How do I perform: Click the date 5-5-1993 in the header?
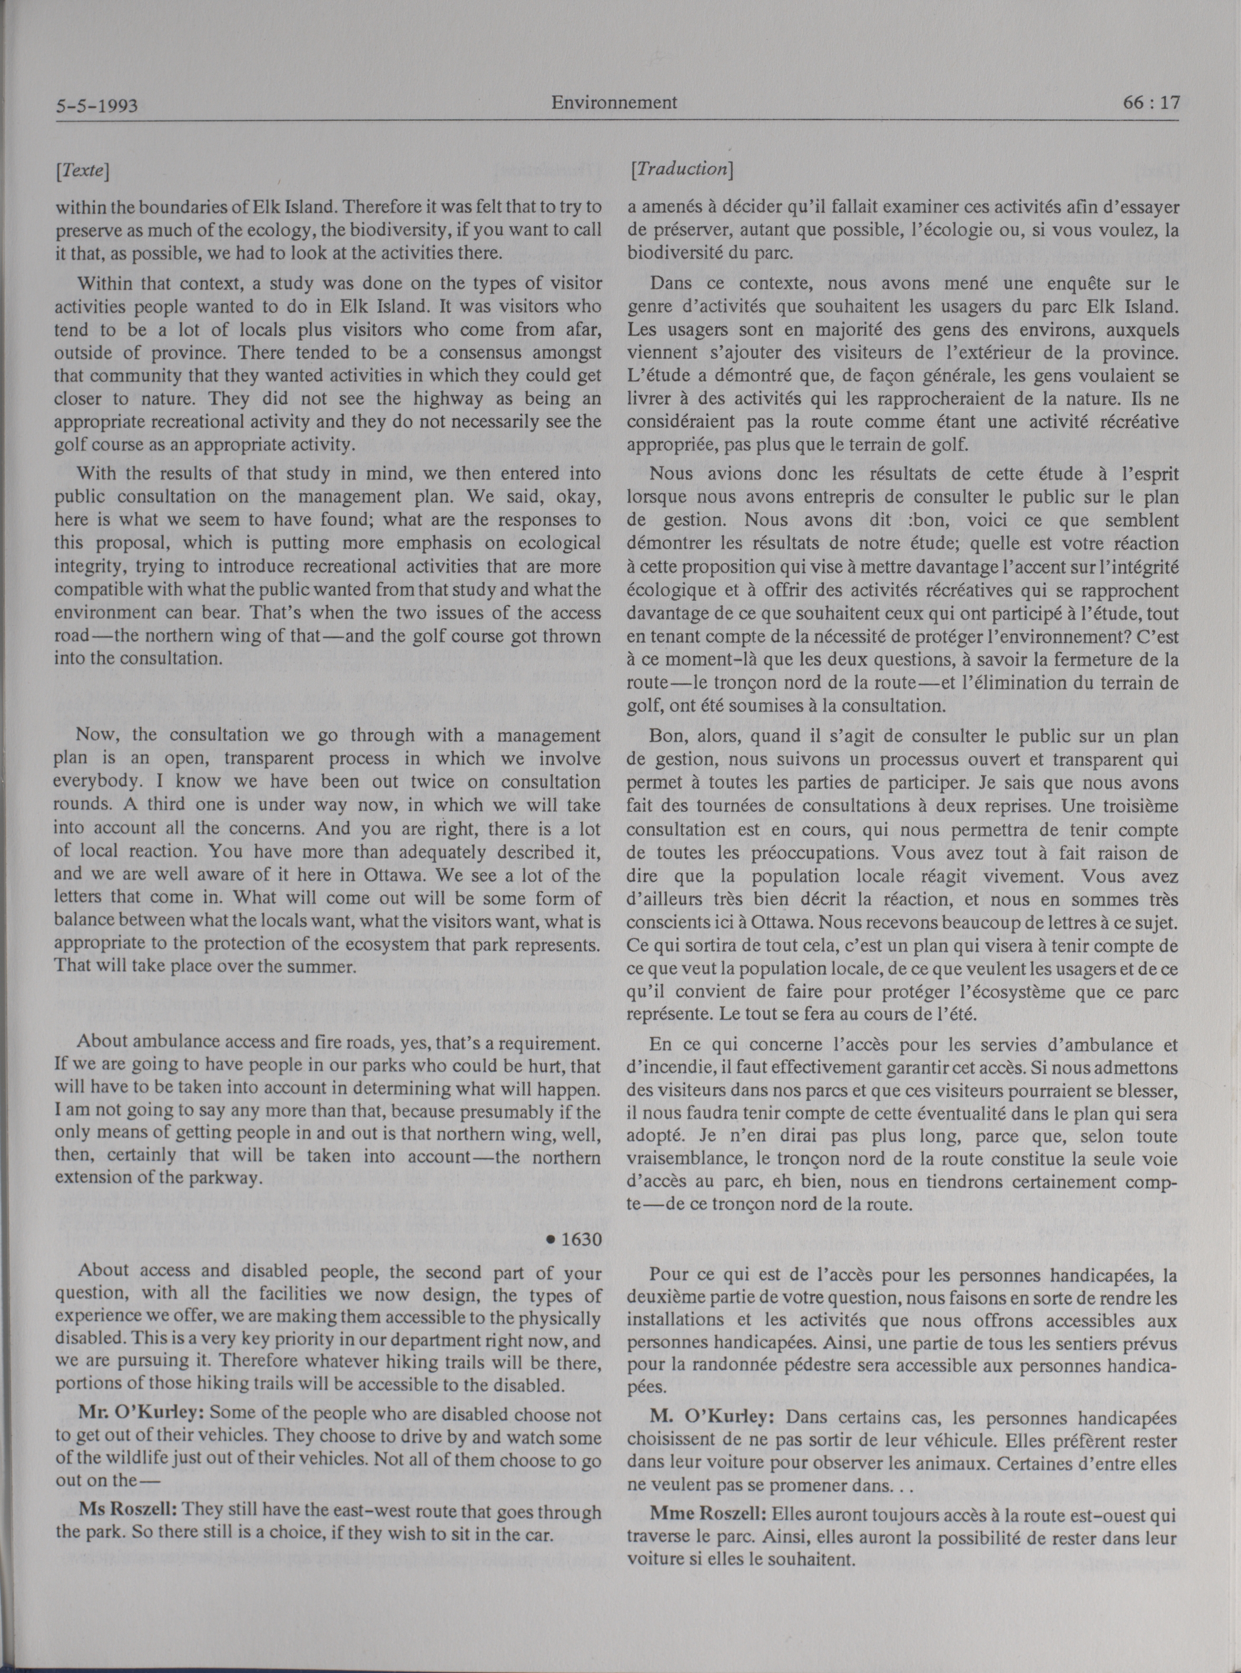click(97, 106)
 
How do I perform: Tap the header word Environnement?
click(614, 102)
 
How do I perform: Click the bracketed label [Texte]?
click(83, 171)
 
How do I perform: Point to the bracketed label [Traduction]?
click(682, 170)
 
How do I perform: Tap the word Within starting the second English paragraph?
click(104, 284)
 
